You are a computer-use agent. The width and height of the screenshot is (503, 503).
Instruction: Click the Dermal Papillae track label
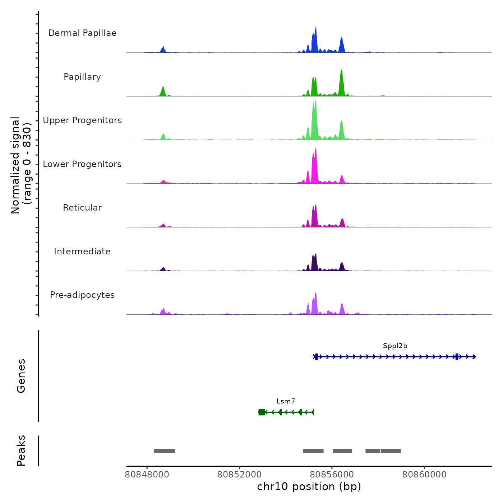(x=82, y=33)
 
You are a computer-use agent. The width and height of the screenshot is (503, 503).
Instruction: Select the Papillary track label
(x=82, y=77)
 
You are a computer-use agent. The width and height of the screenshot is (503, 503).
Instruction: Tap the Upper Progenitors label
(x=82, y=120)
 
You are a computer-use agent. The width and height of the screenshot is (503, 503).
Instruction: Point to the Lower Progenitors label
(x=82, y=164)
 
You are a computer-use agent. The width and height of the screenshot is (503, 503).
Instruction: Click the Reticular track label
(x=82, y=208)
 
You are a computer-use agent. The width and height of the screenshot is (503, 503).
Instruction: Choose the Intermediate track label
(x=82, y=251)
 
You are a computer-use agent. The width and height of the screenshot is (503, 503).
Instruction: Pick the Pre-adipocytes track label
(x=82, y=295)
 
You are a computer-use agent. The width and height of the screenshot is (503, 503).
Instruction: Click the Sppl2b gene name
(x=395, y=346)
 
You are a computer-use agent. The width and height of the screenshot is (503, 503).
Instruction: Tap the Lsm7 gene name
(x=286, y=401)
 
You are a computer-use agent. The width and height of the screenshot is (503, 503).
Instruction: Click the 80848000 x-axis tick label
(x=147, y=475)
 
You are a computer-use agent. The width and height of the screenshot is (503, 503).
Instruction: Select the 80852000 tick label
(x=239, y=475)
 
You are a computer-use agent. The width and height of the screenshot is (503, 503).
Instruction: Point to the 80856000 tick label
(x=332, y=475)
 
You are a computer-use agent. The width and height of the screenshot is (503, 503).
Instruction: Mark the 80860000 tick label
(x=424, y=475)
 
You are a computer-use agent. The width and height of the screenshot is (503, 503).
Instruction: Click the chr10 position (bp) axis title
(x=309, y=486)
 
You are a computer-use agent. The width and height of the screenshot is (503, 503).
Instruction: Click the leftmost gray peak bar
(x=165, y=451)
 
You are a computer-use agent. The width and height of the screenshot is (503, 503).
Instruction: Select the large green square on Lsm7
(x=262, y=412)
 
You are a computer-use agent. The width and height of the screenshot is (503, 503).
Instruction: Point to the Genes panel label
(x=21, y=376)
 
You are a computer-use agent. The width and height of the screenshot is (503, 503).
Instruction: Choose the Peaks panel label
(x=21, y=451)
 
